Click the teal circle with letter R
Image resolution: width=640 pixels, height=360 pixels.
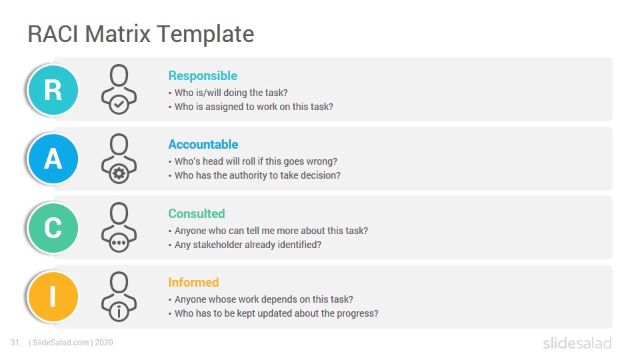pyautogui.click(x=53, y=90)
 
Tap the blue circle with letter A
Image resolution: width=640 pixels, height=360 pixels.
pyautogui.click(x=53, y=159)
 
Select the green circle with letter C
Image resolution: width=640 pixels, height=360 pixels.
pyautogui.click(x=53, y=228)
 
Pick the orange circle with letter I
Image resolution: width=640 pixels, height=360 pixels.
pyautogui.click(x=53, y=296)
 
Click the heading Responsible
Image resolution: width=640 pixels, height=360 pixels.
pyautogui.click(x=203, y=76)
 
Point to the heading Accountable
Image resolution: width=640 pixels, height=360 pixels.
pyautogui.click(x=203, y=145)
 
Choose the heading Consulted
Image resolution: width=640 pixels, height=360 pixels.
pyautogui.click(x=197, y=213)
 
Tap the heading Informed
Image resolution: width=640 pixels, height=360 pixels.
pyautogui.click(x=193, y=283)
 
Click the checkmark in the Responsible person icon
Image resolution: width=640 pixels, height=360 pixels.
pyautogui.click(x=119, y=105)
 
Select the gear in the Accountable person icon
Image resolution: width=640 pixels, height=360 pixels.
pyautogui.click(x=119, y=173)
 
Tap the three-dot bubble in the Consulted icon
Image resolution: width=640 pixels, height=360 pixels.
pyautogui.click(x=119, y=243)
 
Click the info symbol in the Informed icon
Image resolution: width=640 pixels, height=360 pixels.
pyautogui.click(x=119, y=311)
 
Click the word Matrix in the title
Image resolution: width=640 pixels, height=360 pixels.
pyautogui.click(x=117, y=33)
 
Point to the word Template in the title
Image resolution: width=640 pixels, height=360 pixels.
pyautogui.click(x=205, y=34)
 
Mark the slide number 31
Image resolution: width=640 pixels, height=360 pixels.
pyautogui.click(x=15, y=343)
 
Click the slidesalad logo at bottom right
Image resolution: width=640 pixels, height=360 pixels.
pyautogui.click(x=577, y=343)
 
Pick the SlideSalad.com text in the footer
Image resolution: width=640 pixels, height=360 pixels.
pyautogui.click(x=61, y=343)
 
